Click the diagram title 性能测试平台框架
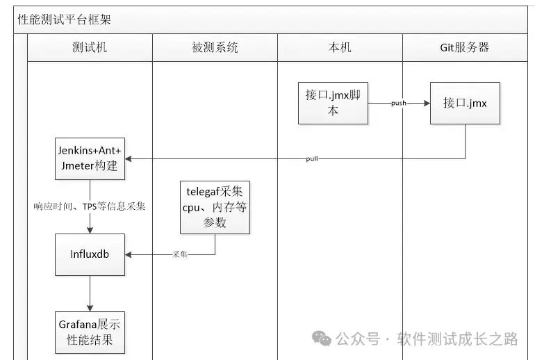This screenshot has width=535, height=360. (64, 19)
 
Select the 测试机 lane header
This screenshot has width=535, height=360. (90, 47)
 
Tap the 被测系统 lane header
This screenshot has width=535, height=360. (215, 47)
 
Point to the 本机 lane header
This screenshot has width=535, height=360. (339, 47)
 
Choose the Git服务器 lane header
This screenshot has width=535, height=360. (465, 47)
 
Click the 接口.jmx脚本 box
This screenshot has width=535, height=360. (333, 103)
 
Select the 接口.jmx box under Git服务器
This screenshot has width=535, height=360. (465, 103)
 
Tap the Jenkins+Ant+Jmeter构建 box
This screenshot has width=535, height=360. (90, 158)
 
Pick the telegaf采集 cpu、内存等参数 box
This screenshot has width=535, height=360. (215, 206)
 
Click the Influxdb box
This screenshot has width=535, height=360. (90, 254)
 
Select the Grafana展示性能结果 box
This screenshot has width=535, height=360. (90, 332)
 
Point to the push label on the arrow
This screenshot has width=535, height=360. (399, 103)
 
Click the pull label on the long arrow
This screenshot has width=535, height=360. (312, 159)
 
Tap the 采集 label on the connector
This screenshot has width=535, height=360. (180, 254)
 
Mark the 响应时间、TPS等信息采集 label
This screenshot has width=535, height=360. (90, 206)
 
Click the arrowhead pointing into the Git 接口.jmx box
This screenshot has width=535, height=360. (425, 103)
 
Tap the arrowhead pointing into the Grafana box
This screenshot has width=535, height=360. (90, 307)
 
